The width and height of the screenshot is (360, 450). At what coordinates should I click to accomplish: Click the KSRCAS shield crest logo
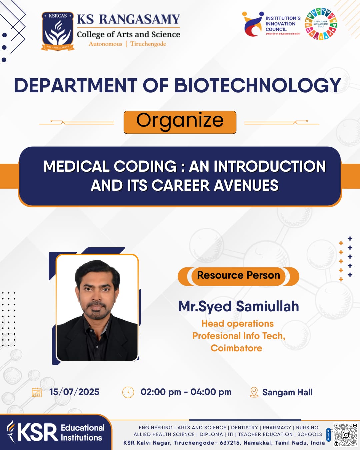(x=58, y=31)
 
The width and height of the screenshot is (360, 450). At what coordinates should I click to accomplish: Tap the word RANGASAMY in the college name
(x=140, y=19)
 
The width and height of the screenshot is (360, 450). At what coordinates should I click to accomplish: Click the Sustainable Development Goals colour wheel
(x=321, y=24)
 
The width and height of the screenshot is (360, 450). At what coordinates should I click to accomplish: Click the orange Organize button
(x=180, y=122)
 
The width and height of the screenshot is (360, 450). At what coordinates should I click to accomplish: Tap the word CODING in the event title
(x=145, y=166)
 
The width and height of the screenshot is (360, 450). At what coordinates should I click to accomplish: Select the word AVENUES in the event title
(x=246, y=185)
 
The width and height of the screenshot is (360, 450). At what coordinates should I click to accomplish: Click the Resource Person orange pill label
(x=238, y=276)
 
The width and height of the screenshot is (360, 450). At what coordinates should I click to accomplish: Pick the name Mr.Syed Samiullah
(x=238, y=306)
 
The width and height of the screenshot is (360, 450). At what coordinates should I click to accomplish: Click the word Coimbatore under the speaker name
(x=236, y=348)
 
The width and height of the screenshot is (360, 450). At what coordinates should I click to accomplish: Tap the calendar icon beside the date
(x=37, y=392)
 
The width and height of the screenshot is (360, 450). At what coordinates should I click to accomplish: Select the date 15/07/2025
(x=74, y=392)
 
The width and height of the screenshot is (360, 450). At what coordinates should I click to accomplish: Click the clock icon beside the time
(x=128, y=392)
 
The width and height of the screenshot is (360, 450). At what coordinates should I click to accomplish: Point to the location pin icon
(x=254, y=392)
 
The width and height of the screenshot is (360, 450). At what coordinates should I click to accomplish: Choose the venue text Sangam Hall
(x=288, y=392)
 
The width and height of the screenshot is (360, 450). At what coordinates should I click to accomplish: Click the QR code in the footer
(x=346, y=435)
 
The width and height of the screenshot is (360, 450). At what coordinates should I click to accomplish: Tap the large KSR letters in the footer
(x=38, y=432)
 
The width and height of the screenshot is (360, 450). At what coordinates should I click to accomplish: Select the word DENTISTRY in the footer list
(x=244, y=428)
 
